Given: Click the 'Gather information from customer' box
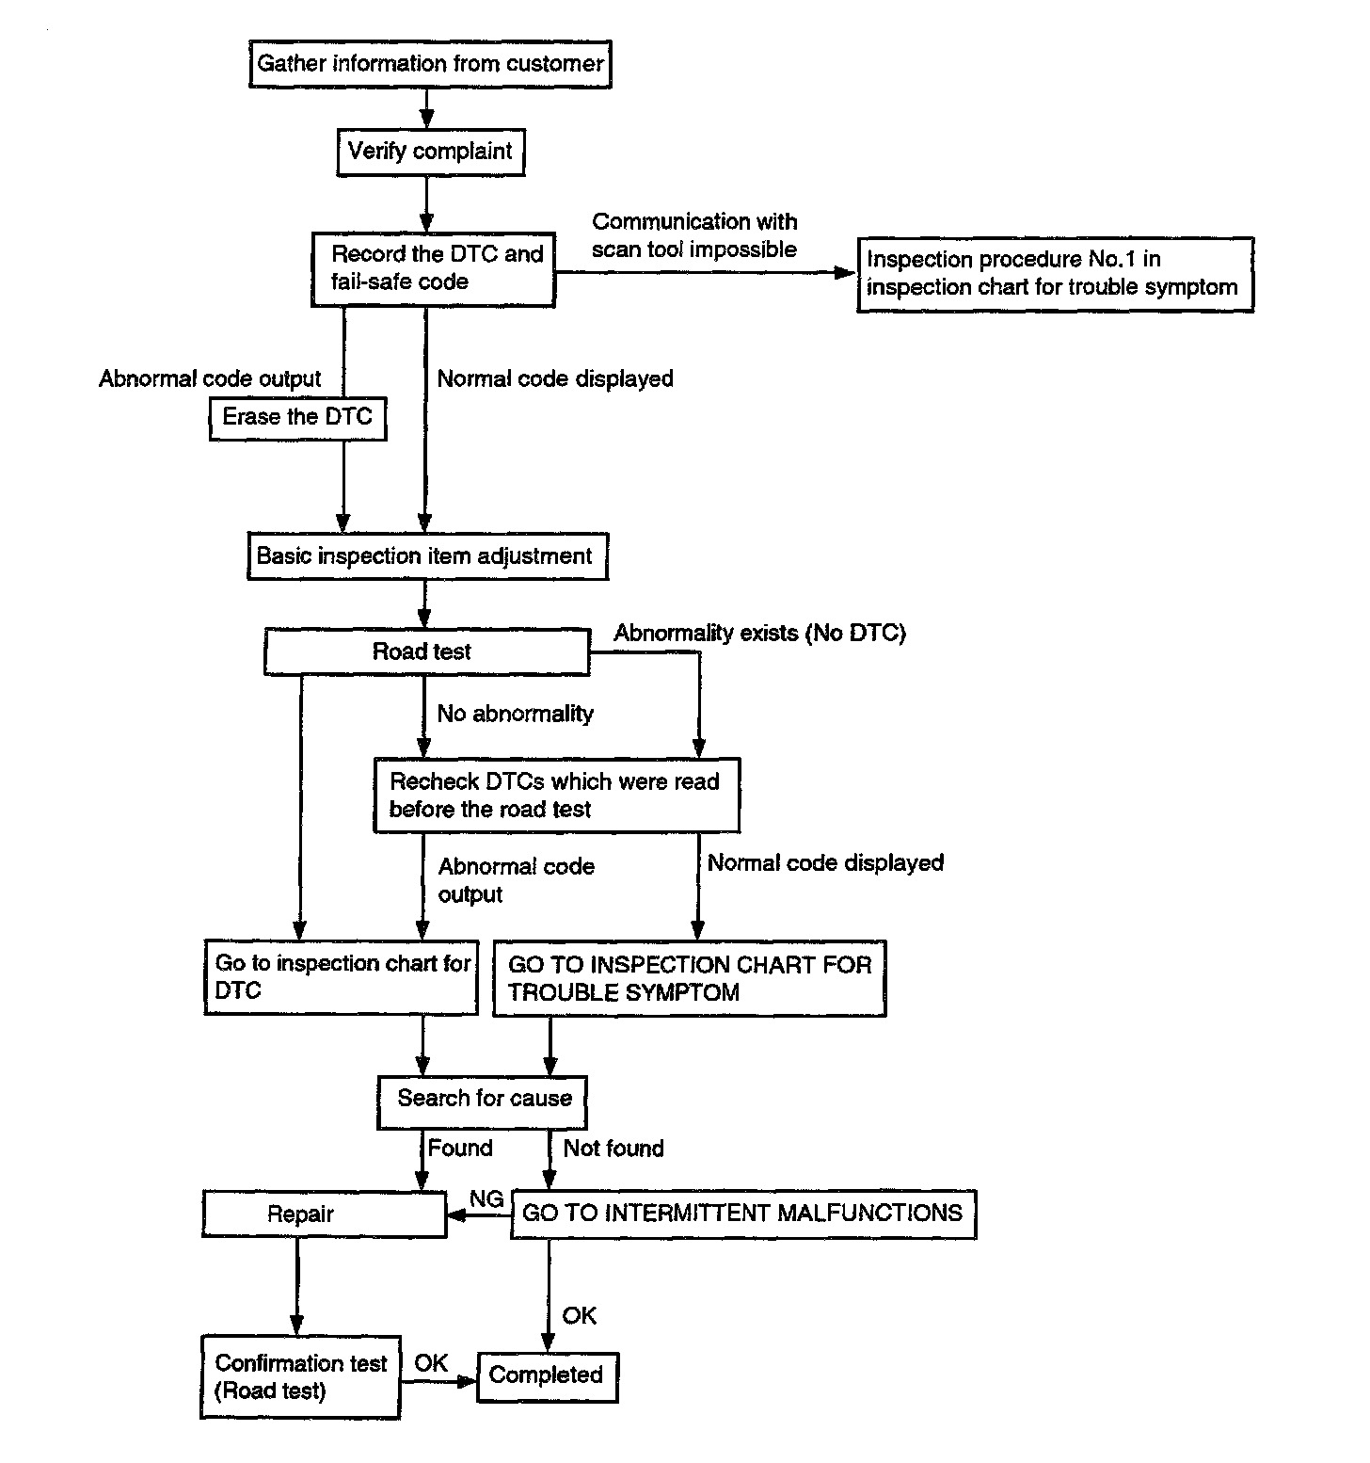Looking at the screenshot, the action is click(430, 64).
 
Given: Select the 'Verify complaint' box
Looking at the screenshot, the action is click(430, 152).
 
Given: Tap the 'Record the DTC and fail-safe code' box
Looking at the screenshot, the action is click(433, 269).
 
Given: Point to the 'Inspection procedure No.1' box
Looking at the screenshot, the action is click(1055, 274).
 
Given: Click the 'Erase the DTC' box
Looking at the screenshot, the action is click(297, 417).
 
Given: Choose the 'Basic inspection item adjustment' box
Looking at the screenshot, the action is click(426, 555).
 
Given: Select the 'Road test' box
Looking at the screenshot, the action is click(427, 651).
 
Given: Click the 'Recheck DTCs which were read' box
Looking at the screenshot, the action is click(556, 796).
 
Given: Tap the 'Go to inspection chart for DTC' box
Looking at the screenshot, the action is click(341, 977).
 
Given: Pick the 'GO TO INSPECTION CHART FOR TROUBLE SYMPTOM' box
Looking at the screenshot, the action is click(689, 978).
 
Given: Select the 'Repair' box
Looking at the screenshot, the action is click(325, 1214).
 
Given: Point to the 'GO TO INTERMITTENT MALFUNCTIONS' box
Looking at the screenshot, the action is click(743, 1214).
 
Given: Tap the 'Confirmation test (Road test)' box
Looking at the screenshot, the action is click(300, 1376).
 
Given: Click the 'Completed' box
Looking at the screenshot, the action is click(548, 1376).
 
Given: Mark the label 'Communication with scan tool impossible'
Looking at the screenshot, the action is click(694, 235).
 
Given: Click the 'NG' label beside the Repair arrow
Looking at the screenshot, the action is click(486, 1199).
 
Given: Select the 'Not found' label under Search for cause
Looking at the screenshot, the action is click(613, 1149).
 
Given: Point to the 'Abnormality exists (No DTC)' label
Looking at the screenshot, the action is click(760, 633).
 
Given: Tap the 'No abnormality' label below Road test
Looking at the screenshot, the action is click(516, 714).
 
